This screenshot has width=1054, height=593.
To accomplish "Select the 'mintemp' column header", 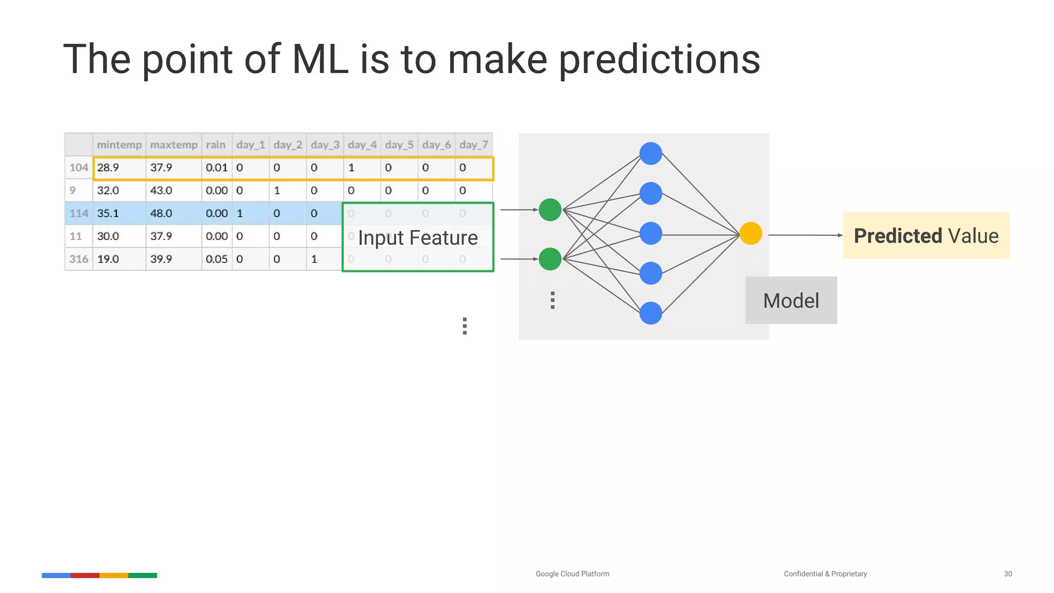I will (x=119, y=145).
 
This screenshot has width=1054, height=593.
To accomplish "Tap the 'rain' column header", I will (x=216, y=145).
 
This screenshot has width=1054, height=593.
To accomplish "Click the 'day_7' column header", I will (x=473, y=145).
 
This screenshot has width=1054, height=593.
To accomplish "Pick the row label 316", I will (x=79, y=259).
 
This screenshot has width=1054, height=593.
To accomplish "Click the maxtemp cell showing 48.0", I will (x=161, y=213).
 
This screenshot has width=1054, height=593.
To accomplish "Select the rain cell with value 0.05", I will (x=216, y=259).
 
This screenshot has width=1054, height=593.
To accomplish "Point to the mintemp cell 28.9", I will (x=108, y=167).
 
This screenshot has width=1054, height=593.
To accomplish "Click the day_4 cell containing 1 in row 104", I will (x=351, y=167).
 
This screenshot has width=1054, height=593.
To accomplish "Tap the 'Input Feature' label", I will (x=418, y=238).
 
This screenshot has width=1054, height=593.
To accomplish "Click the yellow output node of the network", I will (x=750, y=233).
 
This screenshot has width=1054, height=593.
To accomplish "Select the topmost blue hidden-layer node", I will (x=651, y=153).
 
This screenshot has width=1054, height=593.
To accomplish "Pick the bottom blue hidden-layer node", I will (x=651, y=313).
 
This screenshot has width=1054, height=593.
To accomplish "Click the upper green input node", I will (x=550, y=210).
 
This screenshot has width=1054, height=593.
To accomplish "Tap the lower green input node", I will (x=550, y=259).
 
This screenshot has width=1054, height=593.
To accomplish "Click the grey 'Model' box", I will (x=791, y=301).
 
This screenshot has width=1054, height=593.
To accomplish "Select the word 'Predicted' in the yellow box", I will (x=898, y=236).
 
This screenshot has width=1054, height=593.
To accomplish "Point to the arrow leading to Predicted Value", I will (x=805, y=235).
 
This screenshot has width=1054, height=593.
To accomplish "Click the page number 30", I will (x=1008, y=573).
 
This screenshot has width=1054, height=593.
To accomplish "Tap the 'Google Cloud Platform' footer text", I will (x=572, y=573).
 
